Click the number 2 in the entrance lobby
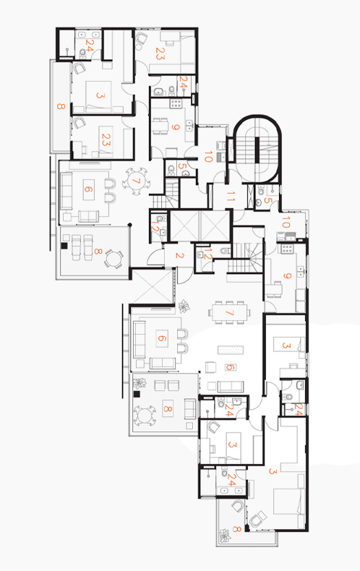coord(179,255)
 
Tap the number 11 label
coord(231,197)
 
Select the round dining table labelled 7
coord(136,181)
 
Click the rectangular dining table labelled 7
coord(230,312)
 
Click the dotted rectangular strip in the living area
coord(231,350)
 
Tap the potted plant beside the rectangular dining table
coord(184,306)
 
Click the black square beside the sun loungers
coord(64,246)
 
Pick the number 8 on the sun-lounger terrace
coord(98,252)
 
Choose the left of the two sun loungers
coord(76,247)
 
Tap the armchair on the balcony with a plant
coord(238,506)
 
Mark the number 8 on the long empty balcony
coord(61,106)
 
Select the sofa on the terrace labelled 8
coord(189,408)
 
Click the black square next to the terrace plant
coord(137,394)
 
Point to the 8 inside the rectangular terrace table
coord(167,408)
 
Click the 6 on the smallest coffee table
coord(230,367)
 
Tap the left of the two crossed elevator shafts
coord(185,226)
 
